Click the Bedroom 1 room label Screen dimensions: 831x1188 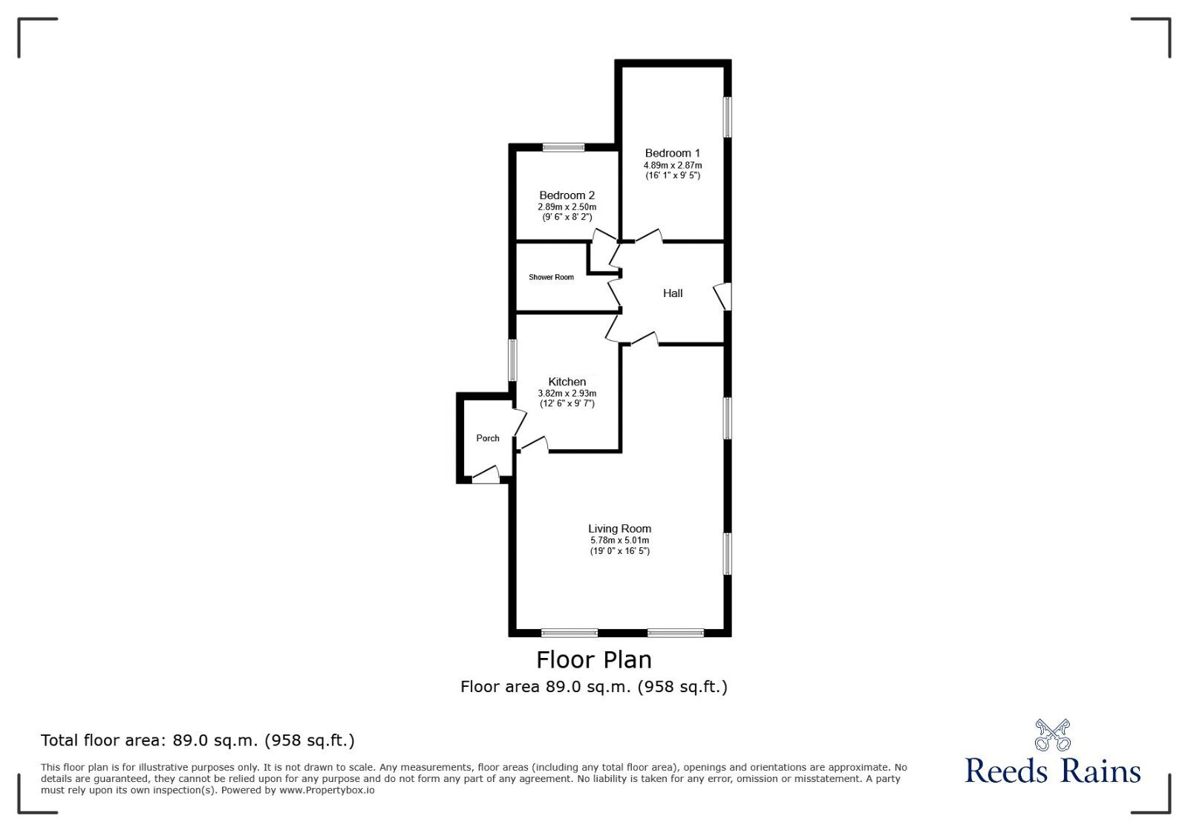pos(672,153)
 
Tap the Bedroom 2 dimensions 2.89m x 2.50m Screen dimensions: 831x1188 pos(567,206)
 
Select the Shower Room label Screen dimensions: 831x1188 pos(551,277)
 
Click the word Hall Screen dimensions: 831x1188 pos(673,293)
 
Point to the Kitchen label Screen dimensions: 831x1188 pos(567,382)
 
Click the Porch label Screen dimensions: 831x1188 pos(488,438)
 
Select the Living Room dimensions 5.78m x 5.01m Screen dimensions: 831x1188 pos(619,540)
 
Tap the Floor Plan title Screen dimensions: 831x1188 pos(594,659)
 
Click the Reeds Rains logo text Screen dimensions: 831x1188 pos(1052,771)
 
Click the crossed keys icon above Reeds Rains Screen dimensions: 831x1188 pos(1052,734)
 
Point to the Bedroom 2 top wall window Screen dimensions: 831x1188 pos(563,147)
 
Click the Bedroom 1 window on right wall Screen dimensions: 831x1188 pos(728,117)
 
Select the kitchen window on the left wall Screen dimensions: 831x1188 pos(512,360)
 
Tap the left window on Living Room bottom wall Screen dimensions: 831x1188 pos(569,633)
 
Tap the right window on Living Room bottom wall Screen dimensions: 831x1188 pos(676,633)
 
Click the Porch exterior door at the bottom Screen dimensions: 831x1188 pos(487,476)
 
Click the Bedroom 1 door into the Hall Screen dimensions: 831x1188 pos(648,237)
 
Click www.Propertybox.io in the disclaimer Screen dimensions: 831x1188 pos(327,790)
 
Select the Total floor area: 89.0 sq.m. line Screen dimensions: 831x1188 pos(198,740)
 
